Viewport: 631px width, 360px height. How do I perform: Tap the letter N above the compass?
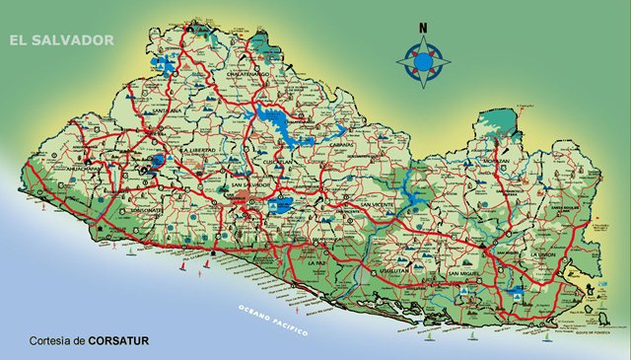click(423, 28)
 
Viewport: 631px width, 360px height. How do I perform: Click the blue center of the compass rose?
click(423, 62)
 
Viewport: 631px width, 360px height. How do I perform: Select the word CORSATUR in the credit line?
click(118, 341)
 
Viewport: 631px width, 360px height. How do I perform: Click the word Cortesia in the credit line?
click(55, 341)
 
